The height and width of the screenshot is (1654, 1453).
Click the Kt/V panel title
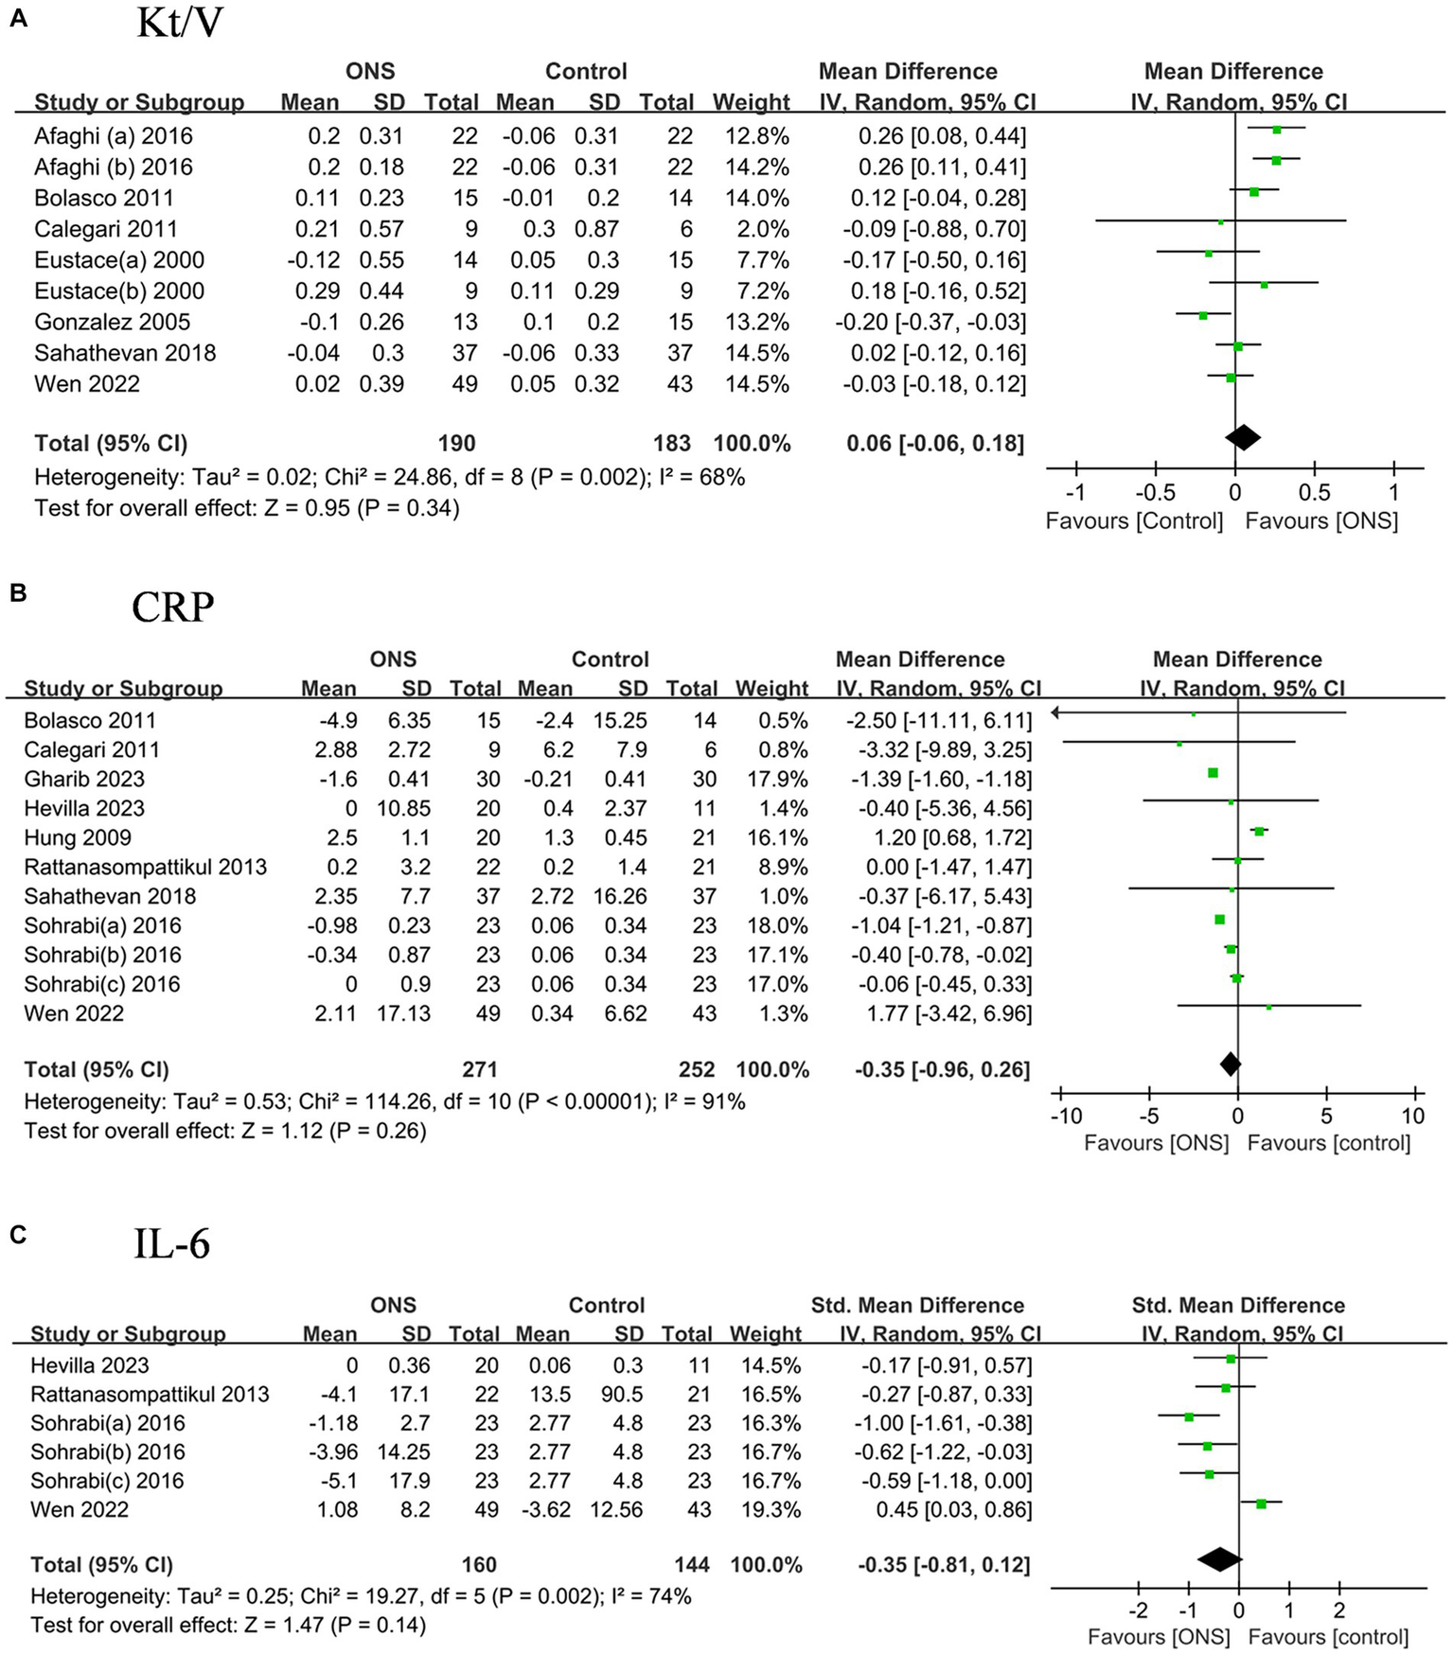180,23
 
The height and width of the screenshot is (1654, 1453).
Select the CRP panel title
173,607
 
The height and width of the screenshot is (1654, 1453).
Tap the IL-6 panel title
172,1245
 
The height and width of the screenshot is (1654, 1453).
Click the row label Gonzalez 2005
112,322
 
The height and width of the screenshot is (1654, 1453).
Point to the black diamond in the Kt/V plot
1243,437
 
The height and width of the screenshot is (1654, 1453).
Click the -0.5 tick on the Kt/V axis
1155,492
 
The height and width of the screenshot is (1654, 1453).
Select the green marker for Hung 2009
1259,832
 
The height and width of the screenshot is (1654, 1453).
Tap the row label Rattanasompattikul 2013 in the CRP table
146,867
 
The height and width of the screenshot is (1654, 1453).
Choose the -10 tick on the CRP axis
1066,1116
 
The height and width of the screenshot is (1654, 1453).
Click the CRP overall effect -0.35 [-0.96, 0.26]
942,1070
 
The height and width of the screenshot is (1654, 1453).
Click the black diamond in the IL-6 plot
1219,1559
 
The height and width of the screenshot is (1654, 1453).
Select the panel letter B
18,593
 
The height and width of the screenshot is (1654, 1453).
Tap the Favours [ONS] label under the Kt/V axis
1320,521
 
